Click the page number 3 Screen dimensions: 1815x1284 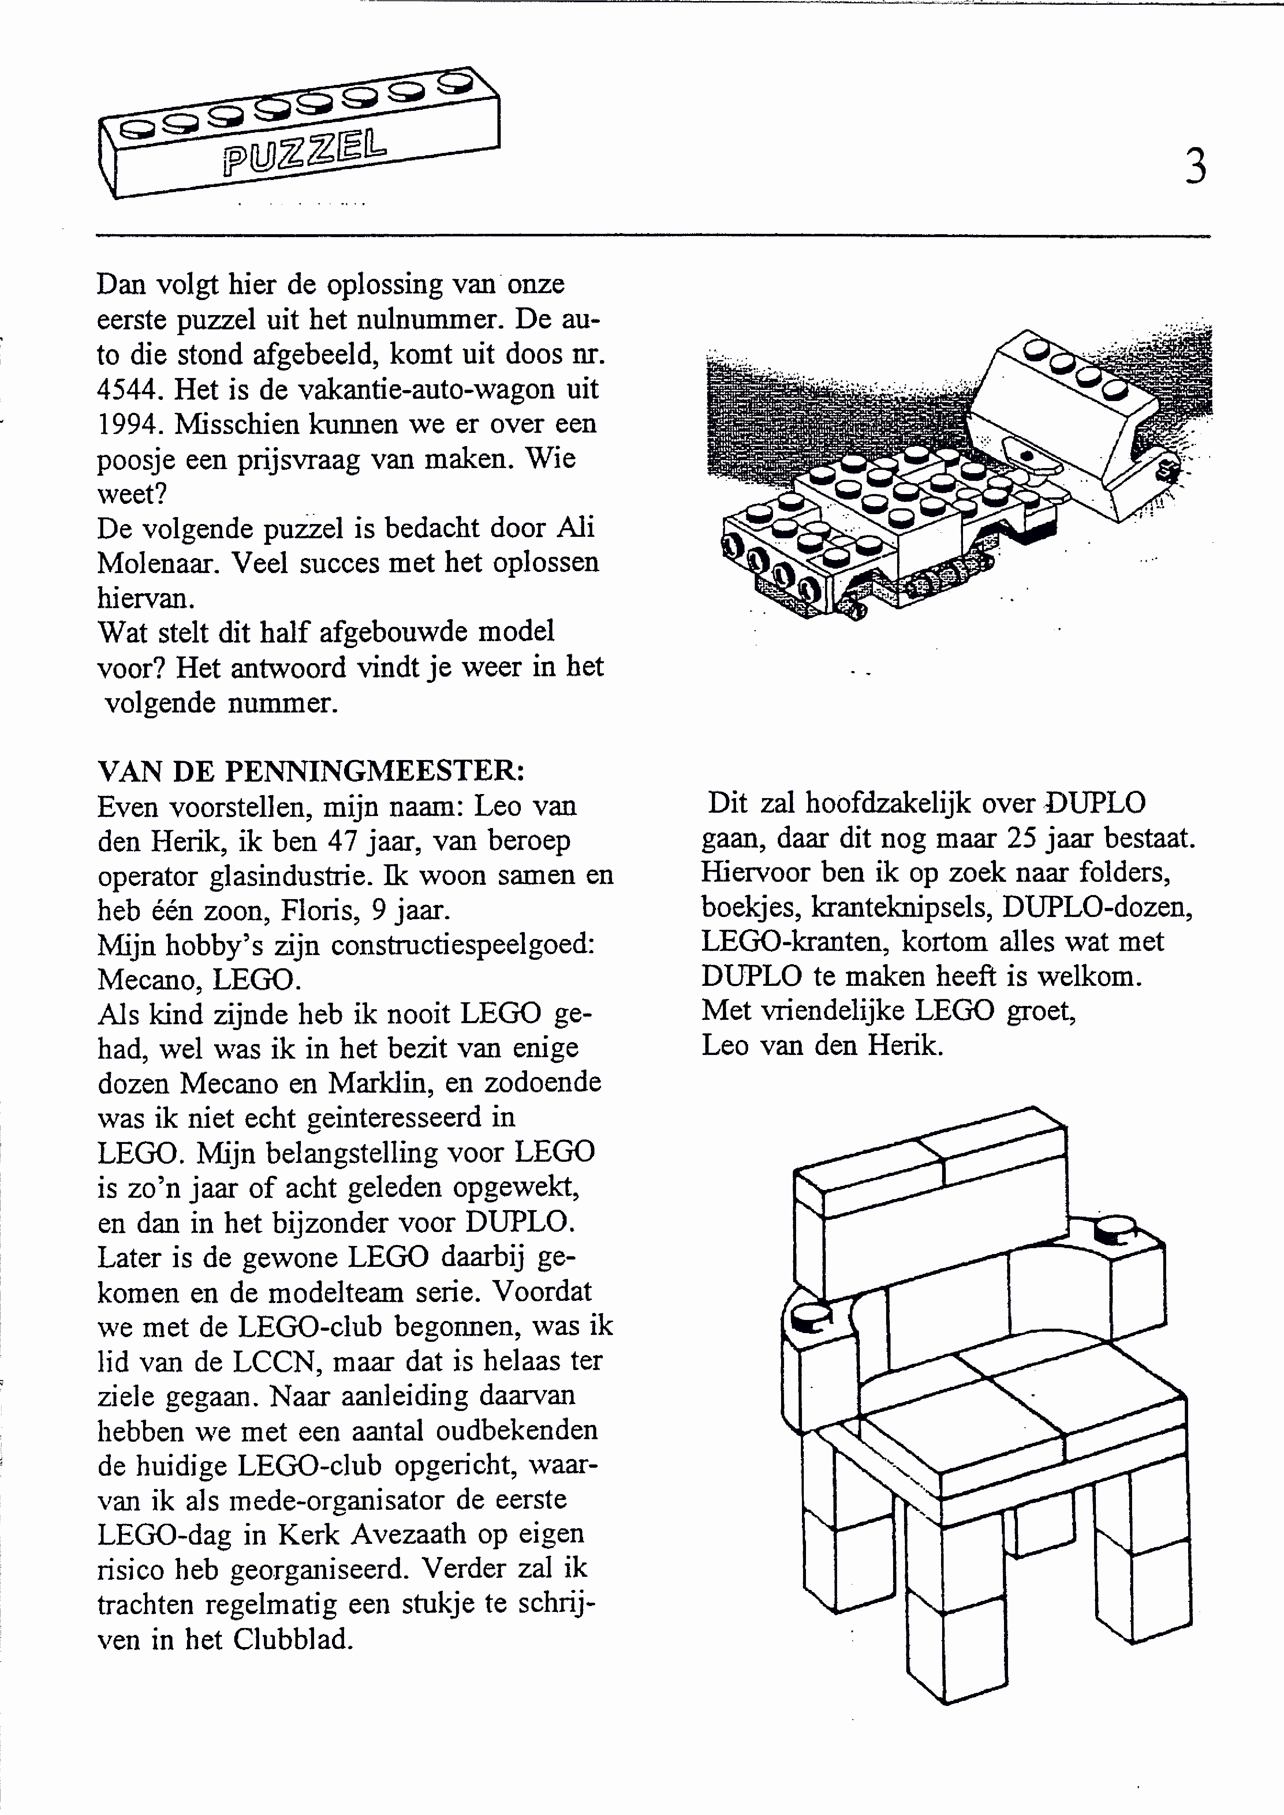point(1195,168)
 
